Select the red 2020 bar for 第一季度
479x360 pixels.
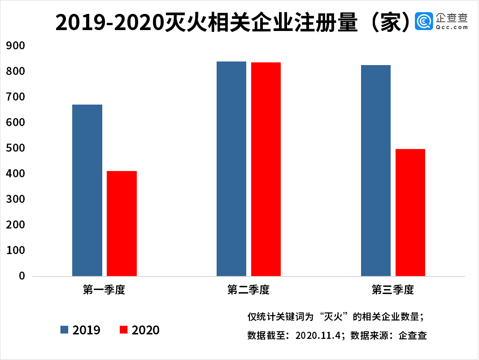pyautogui.click(x=122, y=223)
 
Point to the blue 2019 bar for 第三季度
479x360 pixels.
pyautogui.click(x=376, y=170)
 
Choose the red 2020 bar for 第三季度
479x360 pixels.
pyautogui.click(x=410, y=212)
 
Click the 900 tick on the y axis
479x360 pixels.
pyautogui.click(x=16, y=46)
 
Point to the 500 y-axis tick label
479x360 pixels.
pyautogui.click(x=16, y=148)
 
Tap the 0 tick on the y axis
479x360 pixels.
pyautogui.click(x=22, y=276)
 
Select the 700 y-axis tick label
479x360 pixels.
pyautogui.click(x=16, y=97)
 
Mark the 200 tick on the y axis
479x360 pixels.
pyautogui.click(x=16, y=225)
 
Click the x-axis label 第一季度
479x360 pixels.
pyautogui.click(x=104, y=290)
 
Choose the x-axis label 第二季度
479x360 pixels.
pyautogui.click(x=248, y=290)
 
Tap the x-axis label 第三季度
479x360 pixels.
pyautogui.click(x=393, y=290)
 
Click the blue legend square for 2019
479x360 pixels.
pyautogui.click(x=65, y=330)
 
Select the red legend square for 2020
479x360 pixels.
pyautogui.click(x=124, y=330)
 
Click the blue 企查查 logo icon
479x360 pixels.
pyautogui.click(x=424, y=21)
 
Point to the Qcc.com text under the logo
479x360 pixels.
pyautogui.click(x=451, y=27)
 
